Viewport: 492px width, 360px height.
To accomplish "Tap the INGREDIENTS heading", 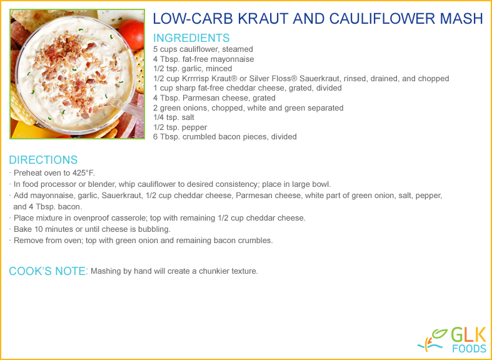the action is (x=191, y=38).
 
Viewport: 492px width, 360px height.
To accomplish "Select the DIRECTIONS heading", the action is (x=43, y=160).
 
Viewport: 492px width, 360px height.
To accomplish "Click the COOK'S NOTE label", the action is (x=49, y=271).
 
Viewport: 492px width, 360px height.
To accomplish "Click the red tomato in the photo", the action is (x=132, y=34).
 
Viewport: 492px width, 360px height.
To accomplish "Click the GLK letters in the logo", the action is (x=468, y=336).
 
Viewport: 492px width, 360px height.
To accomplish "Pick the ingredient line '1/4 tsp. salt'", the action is (x=174, y=117).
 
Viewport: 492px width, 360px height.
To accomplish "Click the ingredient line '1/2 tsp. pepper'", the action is (x=180, y=127).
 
